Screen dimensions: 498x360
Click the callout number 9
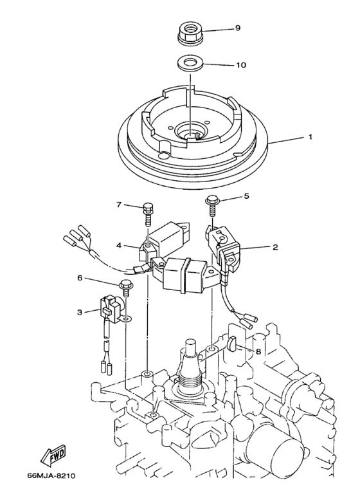pyautogui.click(x=237, y=29)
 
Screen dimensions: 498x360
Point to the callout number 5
pyautogui.click(x=245, y=198)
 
